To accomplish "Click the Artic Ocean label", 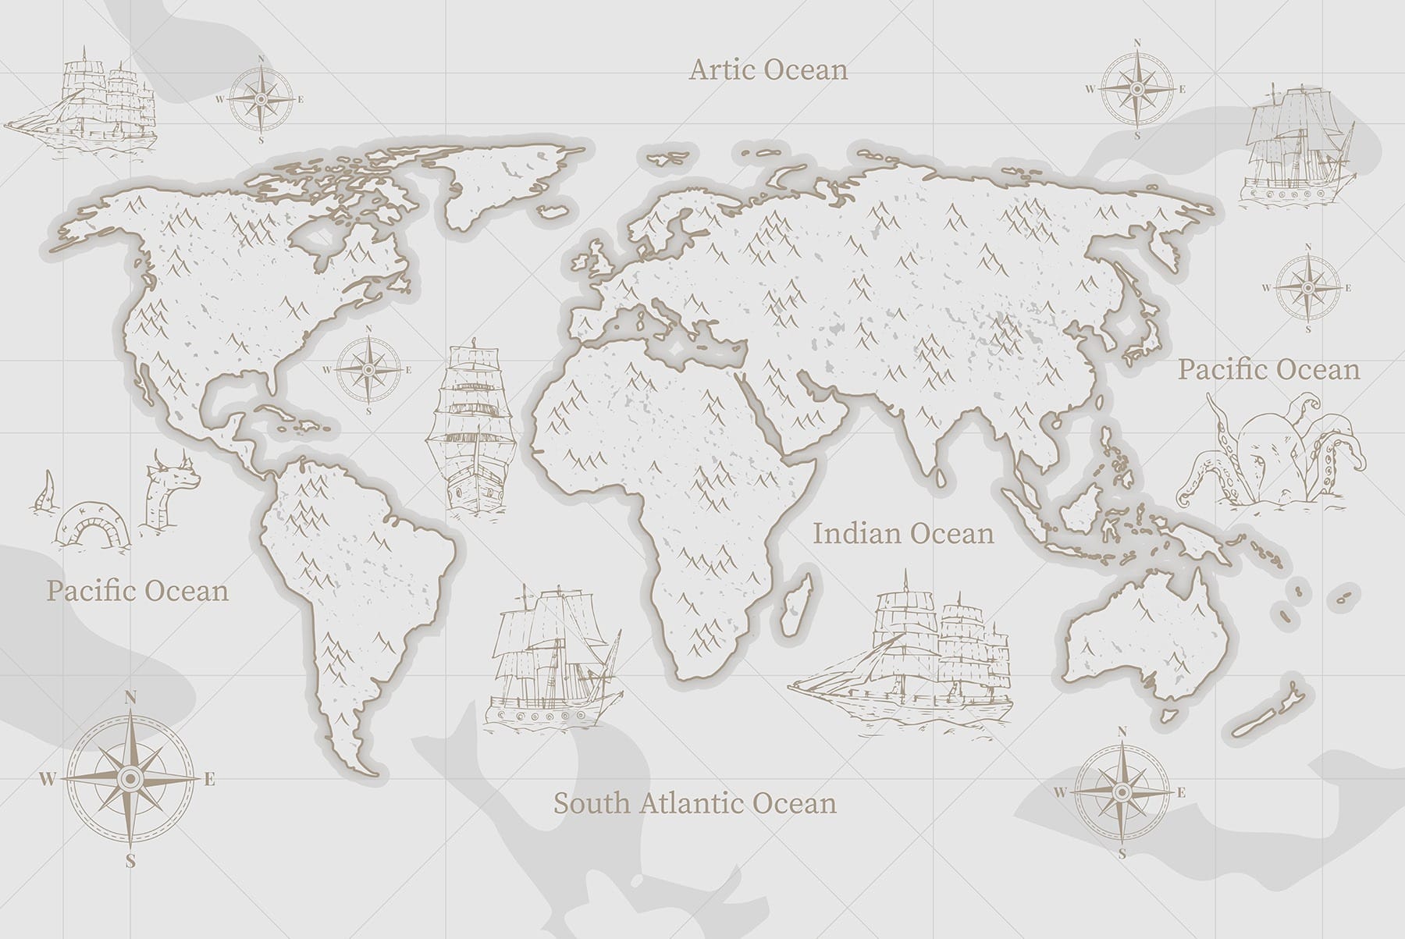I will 768,70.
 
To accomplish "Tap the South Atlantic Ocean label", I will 695,802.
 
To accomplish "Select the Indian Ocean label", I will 903,534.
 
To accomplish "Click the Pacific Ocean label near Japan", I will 1268,369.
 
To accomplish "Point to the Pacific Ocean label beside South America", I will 137,590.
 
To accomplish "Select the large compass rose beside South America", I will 130,777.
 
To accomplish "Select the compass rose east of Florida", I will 368,369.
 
